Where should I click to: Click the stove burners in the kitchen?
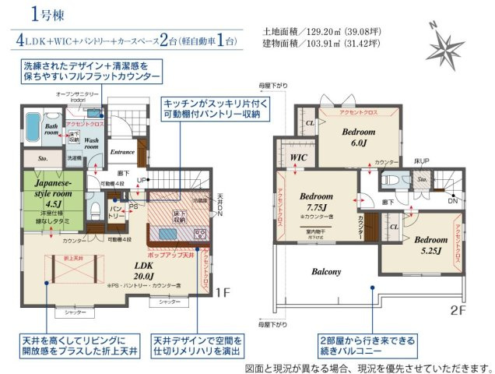pos(198,233)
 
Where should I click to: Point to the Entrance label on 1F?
pos(123,152)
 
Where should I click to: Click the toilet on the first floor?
pos(93,209)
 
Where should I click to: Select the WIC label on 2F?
pos(298,158)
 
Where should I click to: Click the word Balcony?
pos(327,272)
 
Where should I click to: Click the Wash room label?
pos(90,143)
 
